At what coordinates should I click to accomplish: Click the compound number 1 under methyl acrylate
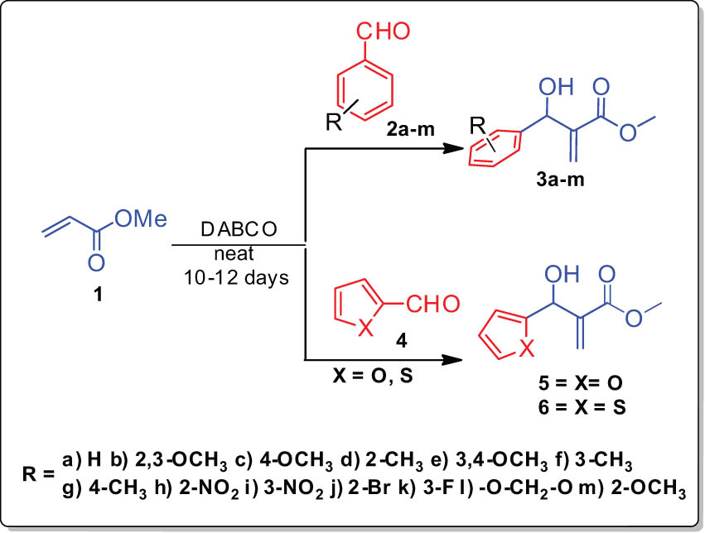tap(97, 295)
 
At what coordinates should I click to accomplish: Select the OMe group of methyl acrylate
tap(140, 218)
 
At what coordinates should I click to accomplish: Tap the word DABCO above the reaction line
tap(239, 229)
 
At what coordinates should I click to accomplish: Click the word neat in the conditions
tap(234, 254)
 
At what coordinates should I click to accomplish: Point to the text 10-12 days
tap(236, 278)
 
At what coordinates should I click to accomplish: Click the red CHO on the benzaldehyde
tap(384, 31)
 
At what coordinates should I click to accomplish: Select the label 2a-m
tap(410, 129)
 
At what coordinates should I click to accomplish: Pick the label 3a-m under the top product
tap(560, 180)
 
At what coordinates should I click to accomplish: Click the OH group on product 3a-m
tap(557, 86)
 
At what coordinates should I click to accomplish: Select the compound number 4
tap(401, 341)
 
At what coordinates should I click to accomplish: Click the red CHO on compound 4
tap(433, 304)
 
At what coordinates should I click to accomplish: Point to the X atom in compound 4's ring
tap(367, 329)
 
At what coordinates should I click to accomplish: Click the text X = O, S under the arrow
tap(372, 375)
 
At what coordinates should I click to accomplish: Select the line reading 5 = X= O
tap(581, 383)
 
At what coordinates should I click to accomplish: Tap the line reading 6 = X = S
tap(582, 408)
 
